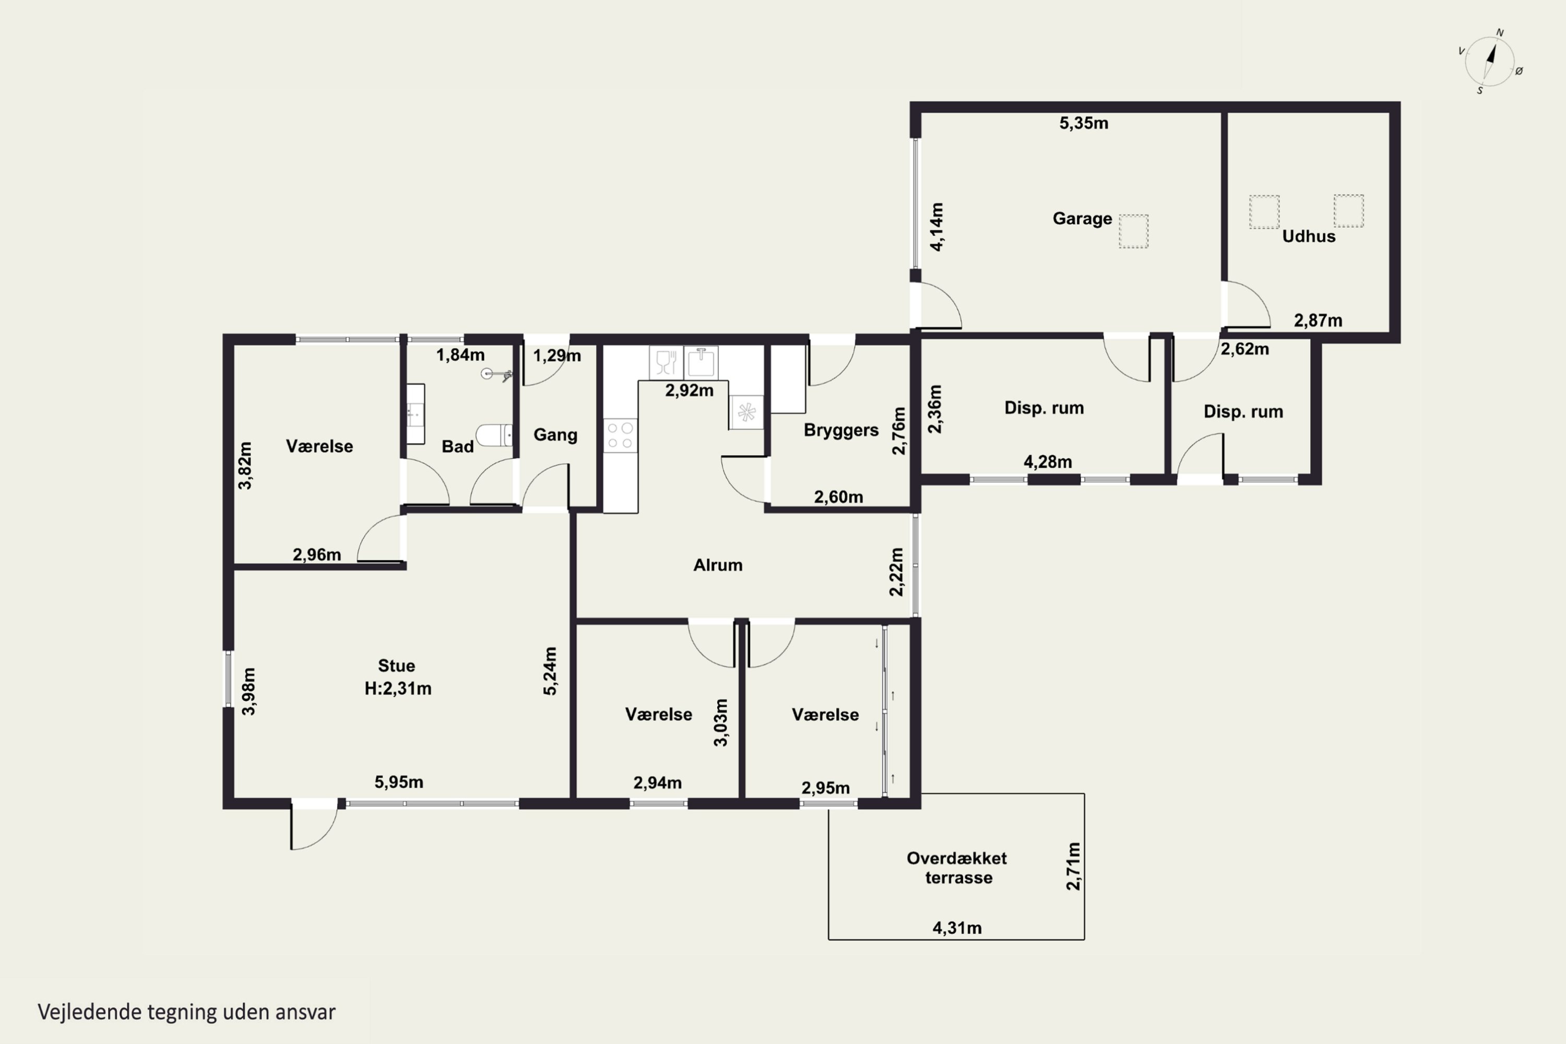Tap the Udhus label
coord(1308,236)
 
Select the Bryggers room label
coord(841,430)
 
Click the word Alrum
coord(718,565)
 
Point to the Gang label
coord(555,435)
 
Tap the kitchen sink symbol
coord(701,363)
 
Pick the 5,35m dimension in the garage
coord(1084,123)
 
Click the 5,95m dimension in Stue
coord(399,781)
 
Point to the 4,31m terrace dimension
coord(957,928)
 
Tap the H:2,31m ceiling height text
coord(397,689)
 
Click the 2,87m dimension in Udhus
coord(1318,321)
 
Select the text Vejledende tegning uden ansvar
coord(186,1012)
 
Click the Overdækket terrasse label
coord(957,868)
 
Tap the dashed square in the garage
coord(1133,231)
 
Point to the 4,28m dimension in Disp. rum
coord(1047,462)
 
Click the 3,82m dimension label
coord(245,466)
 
